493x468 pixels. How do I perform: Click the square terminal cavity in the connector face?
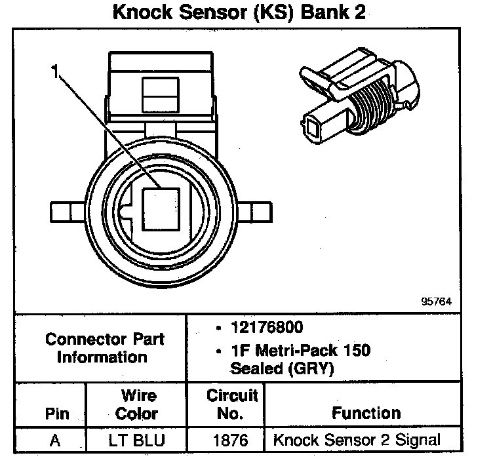tap(161, 208)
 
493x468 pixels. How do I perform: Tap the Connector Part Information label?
tap(105, 348)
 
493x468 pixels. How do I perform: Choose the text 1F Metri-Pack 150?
tap(300, 351)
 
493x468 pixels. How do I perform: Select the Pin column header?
tap(56, 414)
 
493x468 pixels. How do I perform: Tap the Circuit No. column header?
tap(232, 404)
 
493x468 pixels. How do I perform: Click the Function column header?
tap(366, 413)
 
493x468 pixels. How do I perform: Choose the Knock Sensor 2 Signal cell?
tap(357, 440)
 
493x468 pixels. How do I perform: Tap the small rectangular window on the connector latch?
tap(148, 89)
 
